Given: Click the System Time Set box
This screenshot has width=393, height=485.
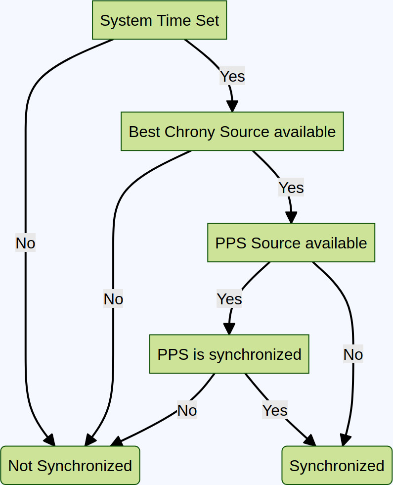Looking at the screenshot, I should click(x=159, y=20).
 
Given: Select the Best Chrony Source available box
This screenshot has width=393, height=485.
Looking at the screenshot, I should click(x=232, y=132).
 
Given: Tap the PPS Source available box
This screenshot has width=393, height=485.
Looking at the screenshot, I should click(x=291, y=243).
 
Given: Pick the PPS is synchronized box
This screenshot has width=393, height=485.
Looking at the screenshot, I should click(x=229, y=354).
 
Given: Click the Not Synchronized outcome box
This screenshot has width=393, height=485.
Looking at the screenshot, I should click(x=70, y=466).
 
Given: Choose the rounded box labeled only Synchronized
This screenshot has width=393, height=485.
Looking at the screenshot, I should click(x=337, y=466).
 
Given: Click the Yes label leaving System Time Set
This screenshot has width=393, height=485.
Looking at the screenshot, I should click(x=232, y=76).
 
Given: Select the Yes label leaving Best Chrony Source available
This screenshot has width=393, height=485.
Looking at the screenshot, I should click(x=291, y=188).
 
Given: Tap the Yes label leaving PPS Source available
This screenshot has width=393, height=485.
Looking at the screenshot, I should click(x=229, y=299).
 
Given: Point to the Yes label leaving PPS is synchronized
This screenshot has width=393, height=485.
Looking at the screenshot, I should click(x=275, y=410).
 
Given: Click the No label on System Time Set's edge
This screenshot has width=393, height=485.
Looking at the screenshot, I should click(x=25, y=243).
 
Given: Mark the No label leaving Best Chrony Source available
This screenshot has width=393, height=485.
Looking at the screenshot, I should click(x=113, y=299).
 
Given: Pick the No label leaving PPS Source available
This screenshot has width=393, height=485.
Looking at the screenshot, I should click(x=353, y=354).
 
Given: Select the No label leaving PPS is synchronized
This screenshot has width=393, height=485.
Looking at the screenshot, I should click(x=187, y=410).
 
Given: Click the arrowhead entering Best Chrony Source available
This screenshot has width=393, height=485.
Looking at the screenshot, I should click(x=232, y=106).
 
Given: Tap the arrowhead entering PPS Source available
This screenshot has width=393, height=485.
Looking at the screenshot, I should click(x=291, y=218).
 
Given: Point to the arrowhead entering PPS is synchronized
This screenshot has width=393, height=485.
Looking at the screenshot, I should click(x=229, y=329).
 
